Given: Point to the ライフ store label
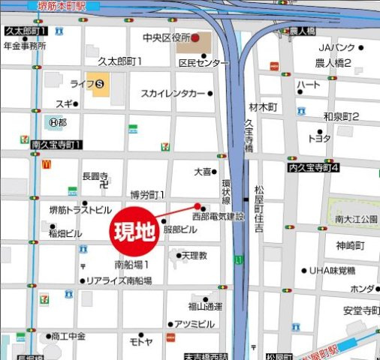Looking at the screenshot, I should tap(81, 82).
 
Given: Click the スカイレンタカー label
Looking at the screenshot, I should tap(173, 94).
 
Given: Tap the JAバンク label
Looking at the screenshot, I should tap(334, 48).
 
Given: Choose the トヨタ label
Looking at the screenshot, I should tap(319, 139).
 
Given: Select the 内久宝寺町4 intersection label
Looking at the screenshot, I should tap(313, 168).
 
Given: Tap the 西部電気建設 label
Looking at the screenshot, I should tap(218, 216).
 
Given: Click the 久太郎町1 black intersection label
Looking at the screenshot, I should tap(24, 31).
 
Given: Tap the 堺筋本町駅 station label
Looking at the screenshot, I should tap(62, 4).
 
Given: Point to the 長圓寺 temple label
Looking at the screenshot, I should tap(95, 176).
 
